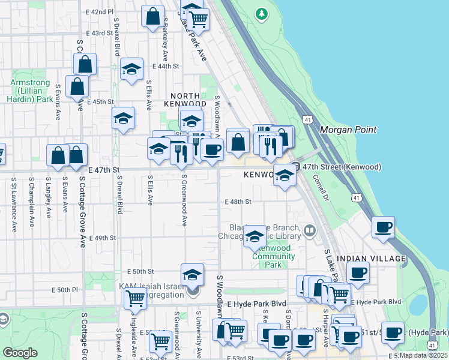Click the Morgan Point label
coord(348,130)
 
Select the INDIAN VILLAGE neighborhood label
coord(372,258)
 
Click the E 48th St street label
coord(237,202)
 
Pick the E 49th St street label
coord(102,238)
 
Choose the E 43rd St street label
coord(100,33)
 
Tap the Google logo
coord(20,353)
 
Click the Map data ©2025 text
coord(423,355)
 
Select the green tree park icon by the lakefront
coord(261,13)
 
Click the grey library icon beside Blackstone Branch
coord(310,230)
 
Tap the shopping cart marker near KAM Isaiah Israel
coord(135,297)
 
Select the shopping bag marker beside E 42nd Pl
coord(152,16)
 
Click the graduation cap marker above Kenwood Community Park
coord(255,237)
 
